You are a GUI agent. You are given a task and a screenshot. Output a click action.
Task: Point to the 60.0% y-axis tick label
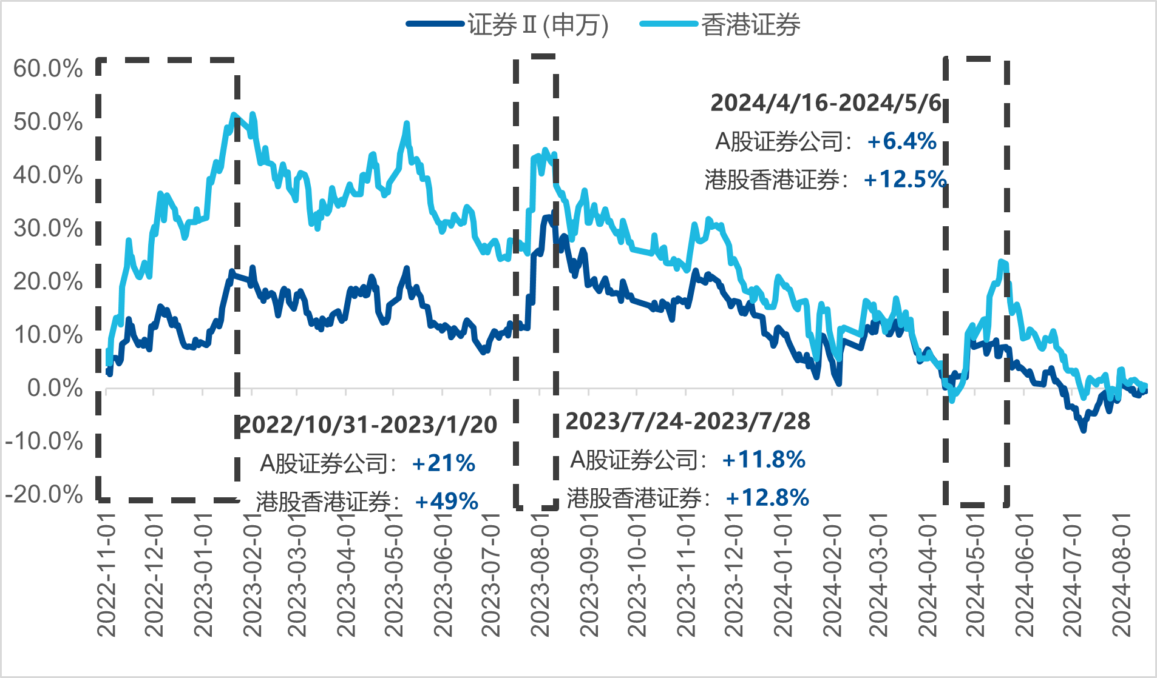coord(48,69)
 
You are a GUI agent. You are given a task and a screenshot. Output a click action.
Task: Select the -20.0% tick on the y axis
coord(44,494)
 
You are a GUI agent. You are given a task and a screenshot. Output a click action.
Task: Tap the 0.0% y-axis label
coord(55,388)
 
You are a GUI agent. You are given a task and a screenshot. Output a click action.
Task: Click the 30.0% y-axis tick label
coord(48,229)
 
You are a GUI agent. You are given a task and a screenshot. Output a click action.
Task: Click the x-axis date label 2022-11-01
coord(106,574)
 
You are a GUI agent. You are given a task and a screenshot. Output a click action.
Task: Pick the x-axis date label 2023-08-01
coord(540,574)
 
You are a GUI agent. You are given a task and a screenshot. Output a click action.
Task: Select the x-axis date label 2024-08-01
coord(1121,574)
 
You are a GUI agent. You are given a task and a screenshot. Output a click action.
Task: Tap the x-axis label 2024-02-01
coord(832,574)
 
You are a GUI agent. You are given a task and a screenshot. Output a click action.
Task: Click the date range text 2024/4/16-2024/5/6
coord(826,103)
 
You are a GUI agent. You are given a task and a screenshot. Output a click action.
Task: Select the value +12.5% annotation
coord(904,180)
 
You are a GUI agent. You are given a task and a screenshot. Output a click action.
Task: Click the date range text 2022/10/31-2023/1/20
coord(368,425)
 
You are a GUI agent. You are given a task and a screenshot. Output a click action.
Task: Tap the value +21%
coord(443,464)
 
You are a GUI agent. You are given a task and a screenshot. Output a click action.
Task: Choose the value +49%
coord(447,502)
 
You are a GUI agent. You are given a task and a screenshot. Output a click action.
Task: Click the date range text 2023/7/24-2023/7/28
coord(688,421)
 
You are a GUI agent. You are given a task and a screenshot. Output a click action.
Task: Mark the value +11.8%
coord(764,460)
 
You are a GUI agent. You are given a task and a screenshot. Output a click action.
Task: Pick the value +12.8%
coord(767,498)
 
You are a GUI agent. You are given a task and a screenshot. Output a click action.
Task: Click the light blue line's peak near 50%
coord(234,115)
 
